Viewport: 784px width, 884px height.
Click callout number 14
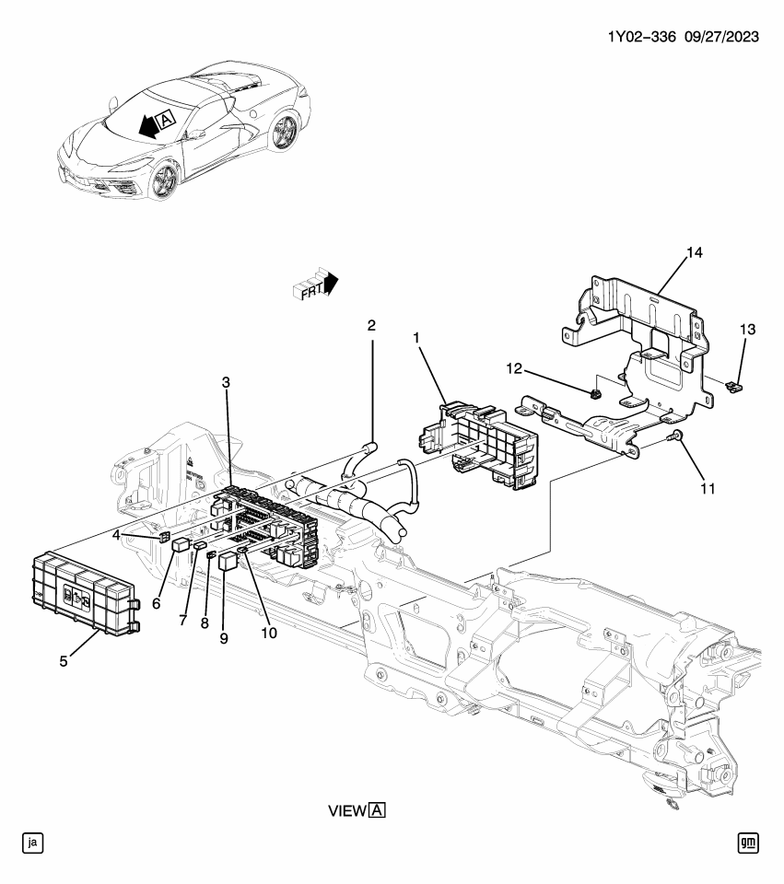click(693, 251)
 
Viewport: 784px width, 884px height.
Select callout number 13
click(747, 330)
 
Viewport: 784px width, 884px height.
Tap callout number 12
click(512, 369)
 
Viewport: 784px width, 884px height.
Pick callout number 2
click(371, 325)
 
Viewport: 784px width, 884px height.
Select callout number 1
click(416, 339)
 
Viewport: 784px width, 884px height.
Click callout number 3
click(226, 382)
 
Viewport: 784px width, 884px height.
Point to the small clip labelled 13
click(734, 387)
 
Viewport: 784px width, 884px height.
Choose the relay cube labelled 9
click(228, 561)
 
